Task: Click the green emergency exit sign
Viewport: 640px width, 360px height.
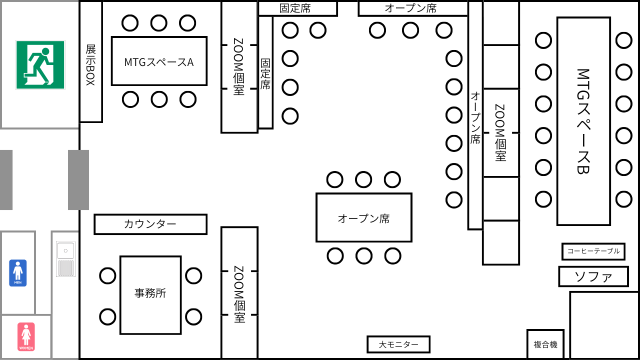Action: point(40,65)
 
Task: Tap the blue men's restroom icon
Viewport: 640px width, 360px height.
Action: point(18,273)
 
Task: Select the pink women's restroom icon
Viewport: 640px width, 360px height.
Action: point(26,336)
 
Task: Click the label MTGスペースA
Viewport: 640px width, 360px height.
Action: point(159,62)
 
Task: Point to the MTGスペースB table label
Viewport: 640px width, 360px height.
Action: point(583,121)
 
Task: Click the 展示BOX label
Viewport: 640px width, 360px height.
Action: point(90,65)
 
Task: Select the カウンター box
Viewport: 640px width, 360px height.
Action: point(150,224)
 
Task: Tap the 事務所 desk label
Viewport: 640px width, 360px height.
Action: point(150,293)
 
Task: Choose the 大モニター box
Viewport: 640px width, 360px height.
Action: point(398,344)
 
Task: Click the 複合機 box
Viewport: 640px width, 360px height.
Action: point(545,344)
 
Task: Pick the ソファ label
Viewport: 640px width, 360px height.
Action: point(593,276)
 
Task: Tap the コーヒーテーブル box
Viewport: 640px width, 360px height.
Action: point(593,251)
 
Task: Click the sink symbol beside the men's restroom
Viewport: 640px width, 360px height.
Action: point(65,259)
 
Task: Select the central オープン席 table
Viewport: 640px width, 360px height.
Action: point(363,218)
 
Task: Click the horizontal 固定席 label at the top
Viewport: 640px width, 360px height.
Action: point(297,8)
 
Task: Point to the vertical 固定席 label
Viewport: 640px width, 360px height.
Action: point(265,74)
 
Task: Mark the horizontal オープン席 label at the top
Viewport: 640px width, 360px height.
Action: point(410,8)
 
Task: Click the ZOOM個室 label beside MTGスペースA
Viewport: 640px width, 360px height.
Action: point(239,67)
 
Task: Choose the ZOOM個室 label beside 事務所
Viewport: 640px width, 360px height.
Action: point(239,294)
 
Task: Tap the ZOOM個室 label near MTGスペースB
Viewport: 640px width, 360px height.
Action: point(500,132)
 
